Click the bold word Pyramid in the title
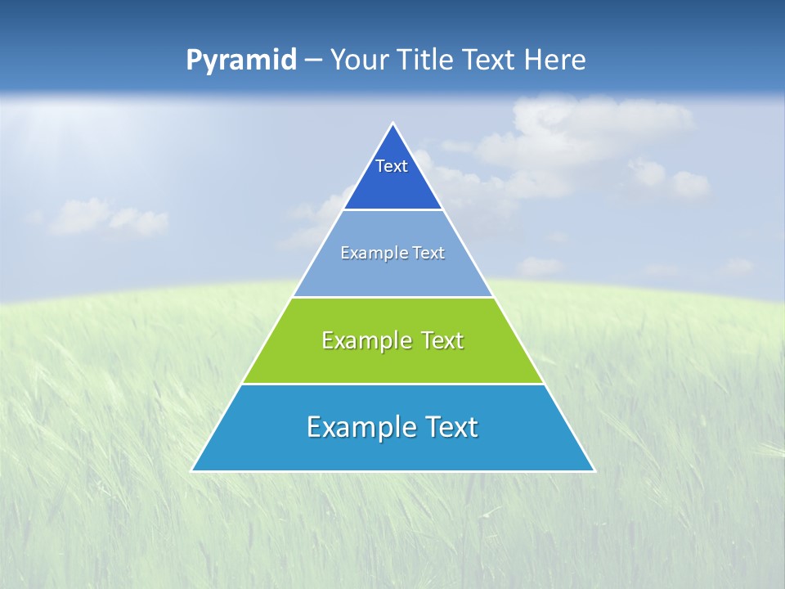(x=241, y=61)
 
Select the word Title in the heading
(x=426, y=60)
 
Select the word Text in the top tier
(x=392, y=166)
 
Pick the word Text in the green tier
(x=439, y=340)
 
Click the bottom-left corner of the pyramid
(x=194, y=470)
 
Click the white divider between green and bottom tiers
(x=392, y=384)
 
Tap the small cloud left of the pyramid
(x=106, y=217)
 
